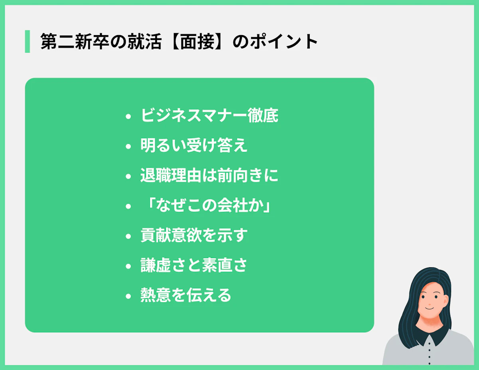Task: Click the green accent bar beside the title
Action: (x=27, y=41)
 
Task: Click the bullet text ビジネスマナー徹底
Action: (x=209, y=115)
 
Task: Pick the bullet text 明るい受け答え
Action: (x=194, y=145)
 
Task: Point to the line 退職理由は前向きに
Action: (x=209, y=175)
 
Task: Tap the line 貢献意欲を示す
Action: (x=194, y=236)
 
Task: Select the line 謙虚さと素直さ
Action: (x=194, y=266)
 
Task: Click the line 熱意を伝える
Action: (x=186, y=296)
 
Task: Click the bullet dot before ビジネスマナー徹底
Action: (x=128, y=117)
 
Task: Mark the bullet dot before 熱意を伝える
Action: (x=128, y=296)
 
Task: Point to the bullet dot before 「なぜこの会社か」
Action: (x=128, y=207)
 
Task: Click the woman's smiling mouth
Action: (x=428, y=308)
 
